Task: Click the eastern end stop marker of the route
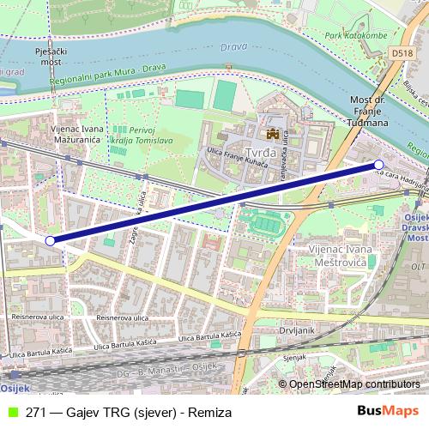(379, 164)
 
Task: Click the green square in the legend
(11, 413)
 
